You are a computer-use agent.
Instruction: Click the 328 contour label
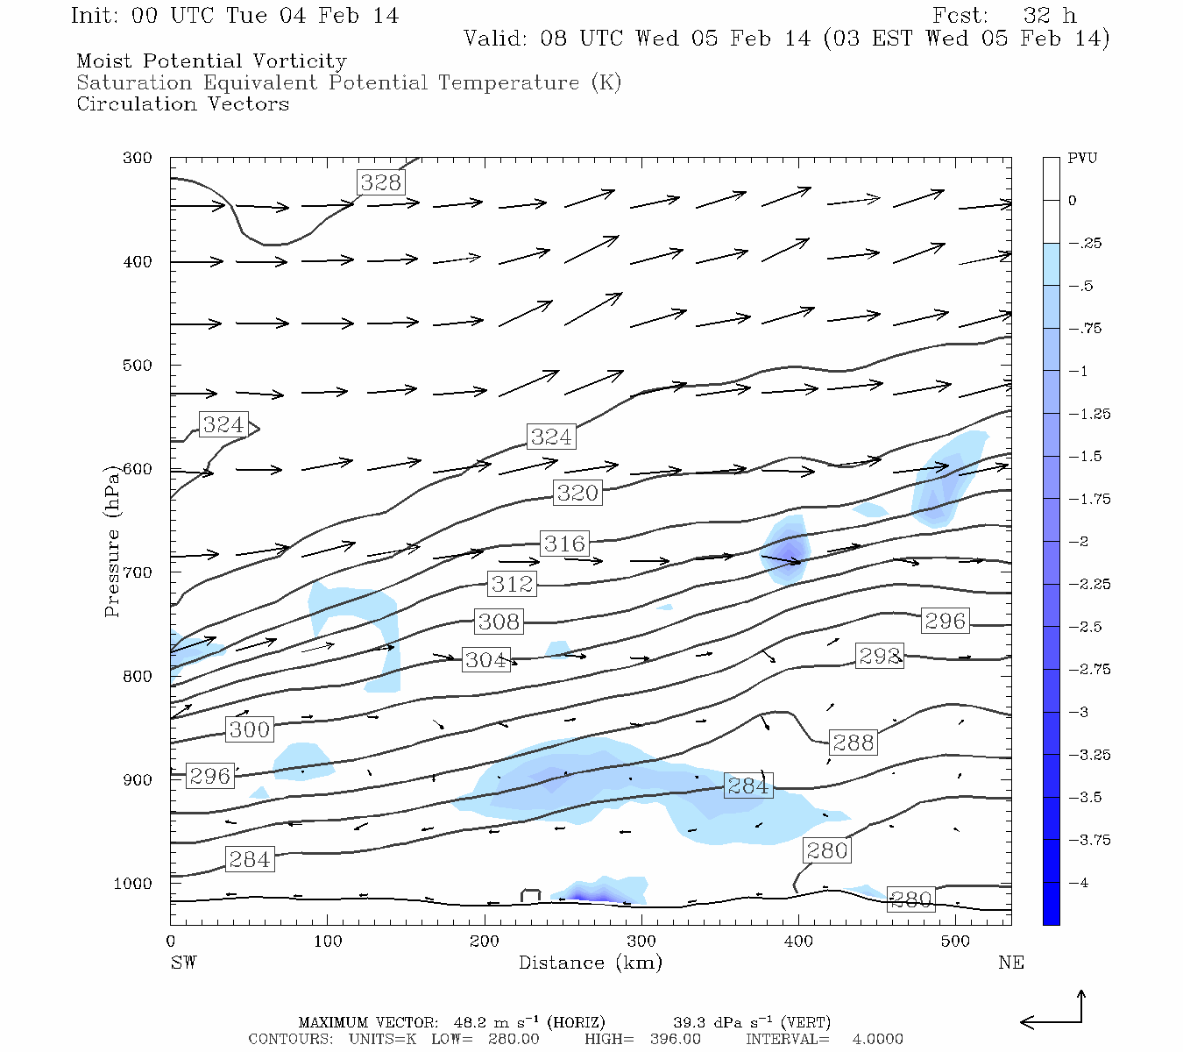click(380, 182)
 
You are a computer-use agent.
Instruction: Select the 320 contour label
click(577, 493)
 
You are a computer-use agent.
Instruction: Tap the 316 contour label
click(564, 544)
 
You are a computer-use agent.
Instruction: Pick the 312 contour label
click(512, 584)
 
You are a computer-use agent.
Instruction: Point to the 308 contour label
click(499, 622)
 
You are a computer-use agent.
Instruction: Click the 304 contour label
click(485, 660)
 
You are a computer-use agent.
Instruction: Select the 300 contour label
click(250, 729)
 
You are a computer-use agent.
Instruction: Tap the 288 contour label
click(853, 743)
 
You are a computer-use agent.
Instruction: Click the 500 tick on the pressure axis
click(138, 366)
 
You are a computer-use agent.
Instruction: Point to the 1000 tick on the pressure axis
click(133, 884)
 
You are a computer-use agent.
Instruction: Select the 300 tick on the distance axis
click(641, 942)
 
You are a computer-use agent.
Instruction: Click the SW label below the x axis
click(183, 963)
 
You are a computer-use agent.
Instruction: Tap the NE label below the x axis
click(1010, 963)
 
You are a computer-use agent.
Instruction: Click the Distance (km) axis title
click(590, 963)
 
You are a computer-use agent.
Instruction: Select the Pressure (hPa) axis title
click(112, 543)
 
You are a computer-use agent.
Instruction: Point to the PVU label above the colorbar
click(1081, 159)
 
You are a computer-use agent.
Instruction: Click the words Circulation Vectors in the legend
click(182, 104)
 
